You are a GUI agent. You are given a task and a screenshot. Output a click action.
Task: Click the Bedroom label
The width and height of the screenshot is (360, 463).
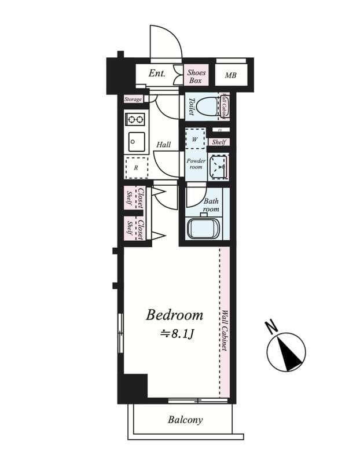tap(174, 315)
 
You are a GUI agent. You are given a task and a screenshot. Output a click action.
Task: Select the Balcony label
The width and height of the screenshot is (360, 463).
tap(185, 420)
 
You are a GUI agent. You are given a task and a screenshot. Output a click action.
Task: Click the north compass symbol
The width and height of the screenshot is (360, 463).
tap(286, 352)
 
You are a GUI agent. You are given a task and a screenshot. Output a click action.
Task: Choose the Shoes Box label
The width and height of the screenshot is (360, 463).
tap(196, 76)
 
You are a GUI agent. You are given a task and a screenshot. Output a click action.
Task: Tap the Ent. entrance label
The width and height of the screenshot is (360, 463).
tap(157, 74)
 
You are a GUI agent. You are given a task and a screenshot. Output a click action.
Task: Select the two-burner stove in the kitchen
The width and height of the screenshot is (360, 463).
tap(136, 120)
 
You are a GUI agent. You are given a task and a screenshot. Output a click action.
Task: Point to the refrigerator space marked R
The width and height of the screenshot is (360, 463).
tap(136, 168)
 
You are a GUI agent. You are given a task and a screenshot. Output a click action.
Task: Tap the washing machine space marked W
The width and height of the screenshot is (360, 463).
tap(195, 139)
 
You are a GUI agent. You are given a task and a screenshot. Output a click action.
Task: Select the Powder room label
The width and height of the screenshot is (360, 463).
tap(195, 163)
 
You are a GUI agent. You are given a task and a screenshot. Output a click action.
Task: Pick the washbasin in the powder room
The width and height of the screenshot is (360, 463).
tap(219, 166)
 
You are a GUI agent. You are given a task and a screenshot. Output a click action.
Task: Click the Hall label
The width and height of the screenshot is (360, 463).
tap(163, 145)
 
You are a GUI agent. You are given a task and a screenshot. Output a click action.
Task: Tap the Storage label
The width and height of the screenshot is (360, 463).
tap(133, 100)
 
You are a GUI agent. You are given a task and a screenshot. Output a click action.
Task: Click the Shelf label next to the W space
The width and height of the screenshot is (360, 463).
tap(219, 142)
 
